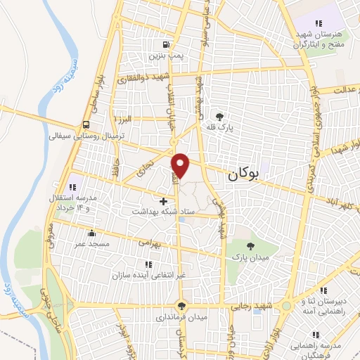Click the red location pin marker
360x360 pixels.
coord(181,165)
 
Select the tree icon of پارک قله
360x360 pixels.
coord(220,116)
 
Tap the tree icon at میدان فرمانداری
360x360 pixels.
coord(182,305)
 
